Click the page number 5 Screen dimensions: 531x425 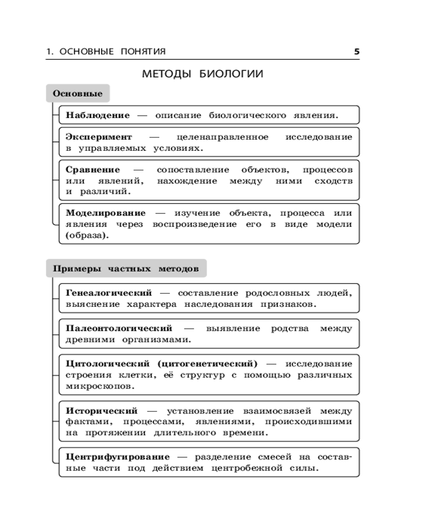pyautogui.click(x=356, y=52)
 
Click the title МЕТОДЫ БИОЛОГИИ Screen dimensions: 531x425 pyautogui.click(x=202, y=74)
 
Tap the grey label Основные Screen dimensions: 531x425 pyautogui.click(x=78, y=94)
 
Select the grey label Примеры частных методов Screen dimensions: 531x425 pyautogui.click(x=126, y=269)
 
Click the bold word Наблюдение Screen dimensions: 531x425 pyautogui.click(x=98, y=115)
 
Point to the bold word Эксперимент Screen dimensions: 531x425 pyautogui.click(x=99, y=137)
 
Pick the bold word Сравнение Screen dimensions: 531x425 pyautogui.click(x=93, y=170)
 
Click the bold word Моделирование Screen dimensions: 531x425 pyautogui.click(x=106, y=213)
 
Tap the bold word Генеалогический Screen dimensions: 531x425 pyautogui.click(x=109, y=293)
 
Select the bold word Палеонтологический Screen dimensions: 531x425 pyautogui.click(x=119, y=328)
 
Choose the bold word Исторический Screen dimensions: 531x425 pyautogui.click(x=102, y=410)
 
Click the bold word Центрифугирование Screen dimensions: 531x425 pyautogui.click(x=118, y=457)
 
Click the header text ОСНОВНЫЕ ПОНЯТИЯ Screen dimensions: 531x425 pyautogui.click(x=113, y=52)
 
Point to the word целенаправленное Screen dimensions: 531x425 pyautogui.click(x=223, y=137)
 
